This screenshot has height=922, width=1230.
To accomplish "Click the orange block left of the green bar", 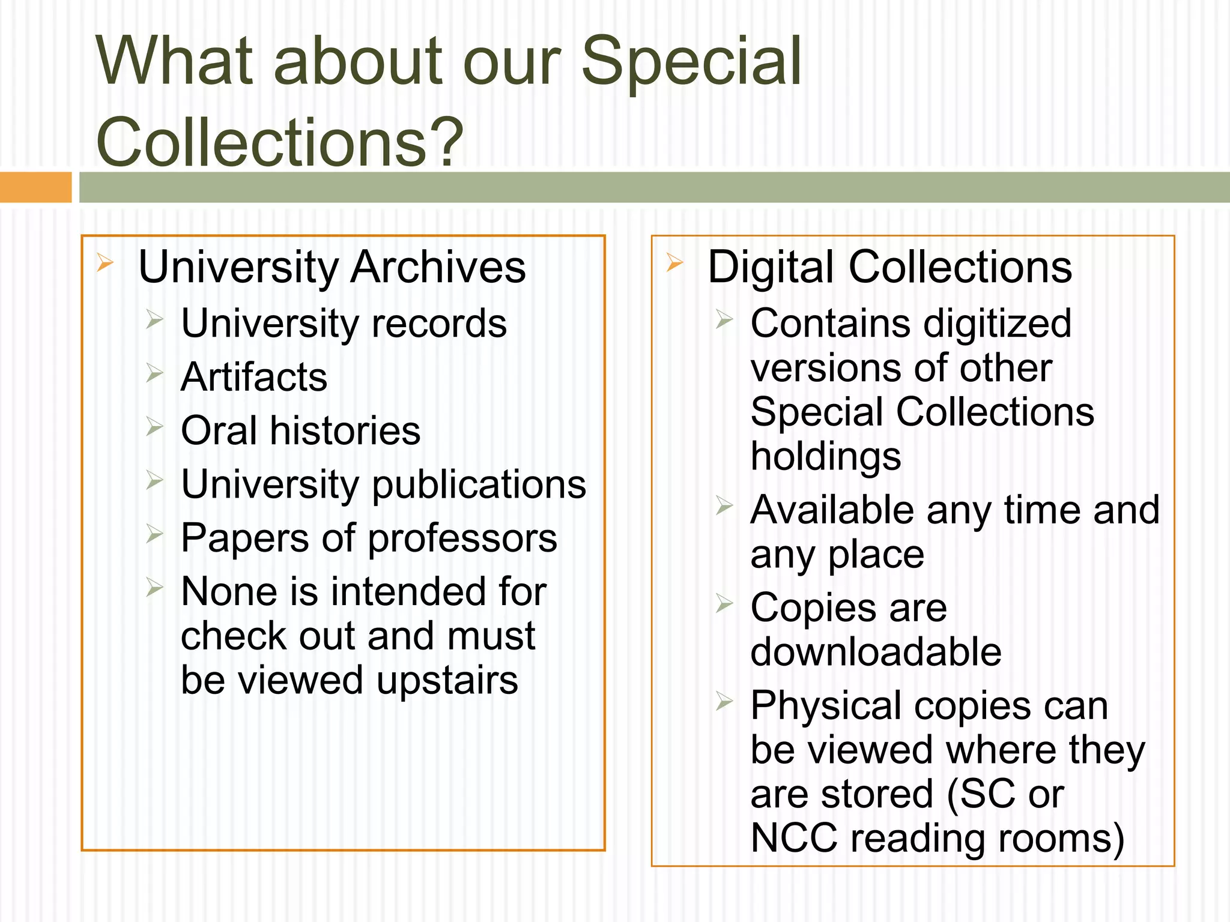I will click(35, 187).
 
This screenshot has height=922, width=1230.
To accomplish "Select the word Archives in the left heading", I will click(438, 267).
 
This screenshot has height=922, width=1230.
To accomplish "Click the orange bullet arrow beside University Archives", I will click(105, 262).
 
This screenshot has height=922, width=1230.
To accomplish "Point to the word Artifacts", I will click(254, 377).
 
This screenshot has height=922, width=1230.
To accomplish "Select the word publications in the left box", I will click(479, 485).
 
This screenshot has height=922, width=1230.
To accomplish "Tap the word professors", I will click(462, 538).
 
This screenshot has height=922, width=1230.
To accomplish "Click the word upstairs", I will click(447, 681).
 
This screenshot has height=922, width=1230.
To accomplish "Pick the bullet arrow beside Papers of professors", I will click(154, 533).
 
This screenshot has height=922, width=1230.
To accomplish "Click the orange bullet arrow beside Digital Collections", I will click(674, 262).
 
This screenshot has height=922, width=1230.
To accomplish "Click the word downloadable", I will click(876, 652).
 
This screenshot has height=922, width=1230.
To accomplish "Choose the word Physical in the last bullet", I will click(826, 707).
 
